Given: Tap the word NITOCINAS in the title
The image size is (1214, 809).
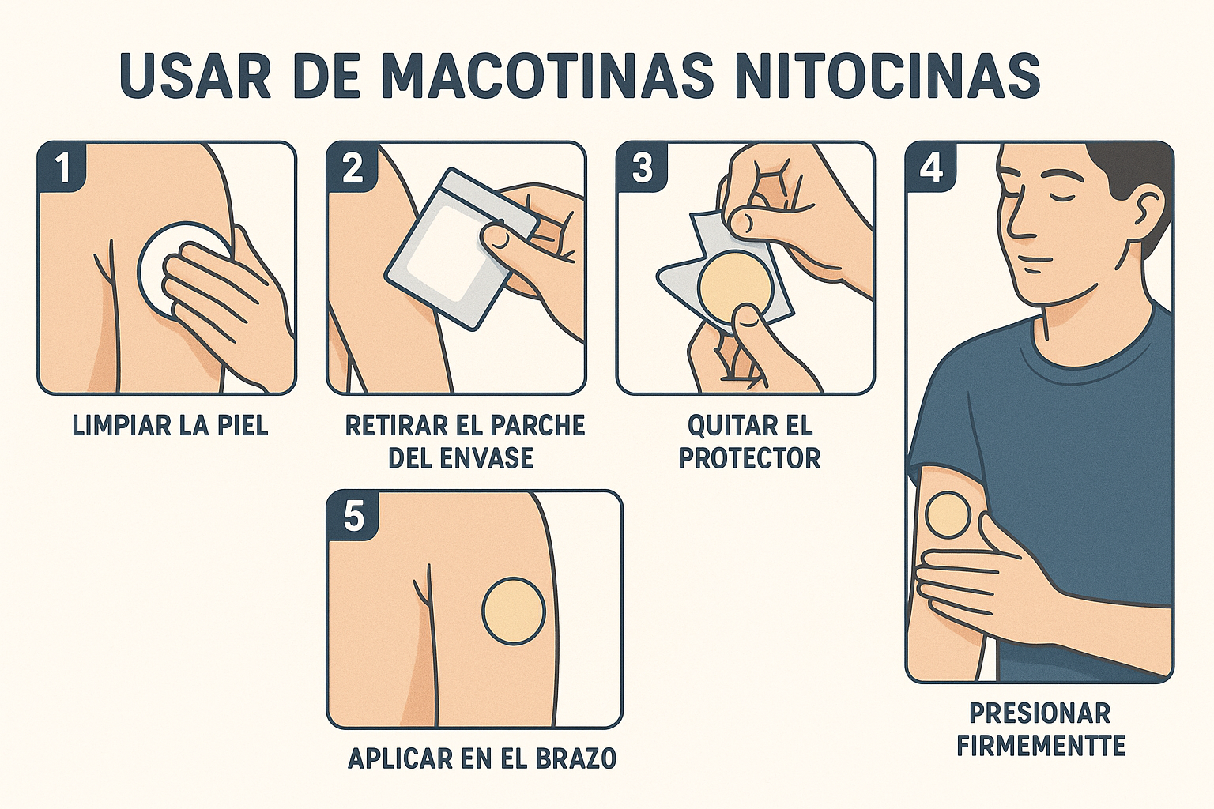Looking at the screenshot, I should tap(885, 77).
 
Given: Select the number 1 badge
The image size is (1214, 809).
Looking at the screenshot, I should tap(62, 167).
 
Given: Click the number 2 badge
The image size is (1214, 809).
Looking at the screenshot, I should tap(352, 167).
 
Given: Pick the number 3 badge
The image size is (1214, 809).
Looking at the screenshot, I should tap(642, 167).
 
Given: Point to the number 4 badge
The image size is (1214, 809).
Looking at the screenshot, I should tap(932, 167).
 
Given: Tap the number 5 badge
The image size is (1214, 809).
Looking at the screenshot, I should tap(353, 517).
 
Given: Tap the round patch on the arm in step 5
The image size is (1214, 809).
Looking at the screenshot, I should tap(514, 610).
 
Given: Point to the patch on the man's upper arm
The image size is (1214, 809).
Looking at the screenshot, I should tap(947, 515).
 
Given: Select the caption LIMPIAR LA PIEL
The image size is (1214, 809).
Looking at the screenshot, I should tap(170, 426).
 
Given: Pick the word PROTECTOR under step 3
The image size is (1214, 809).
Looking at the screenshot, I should tap(749, 458).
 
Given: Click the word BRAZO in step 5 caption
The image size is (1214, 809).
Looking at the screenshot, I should tap(576, 759).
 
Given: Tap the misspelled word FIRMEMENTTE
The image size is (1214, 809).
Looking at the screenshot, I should tap(1040, 746).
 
